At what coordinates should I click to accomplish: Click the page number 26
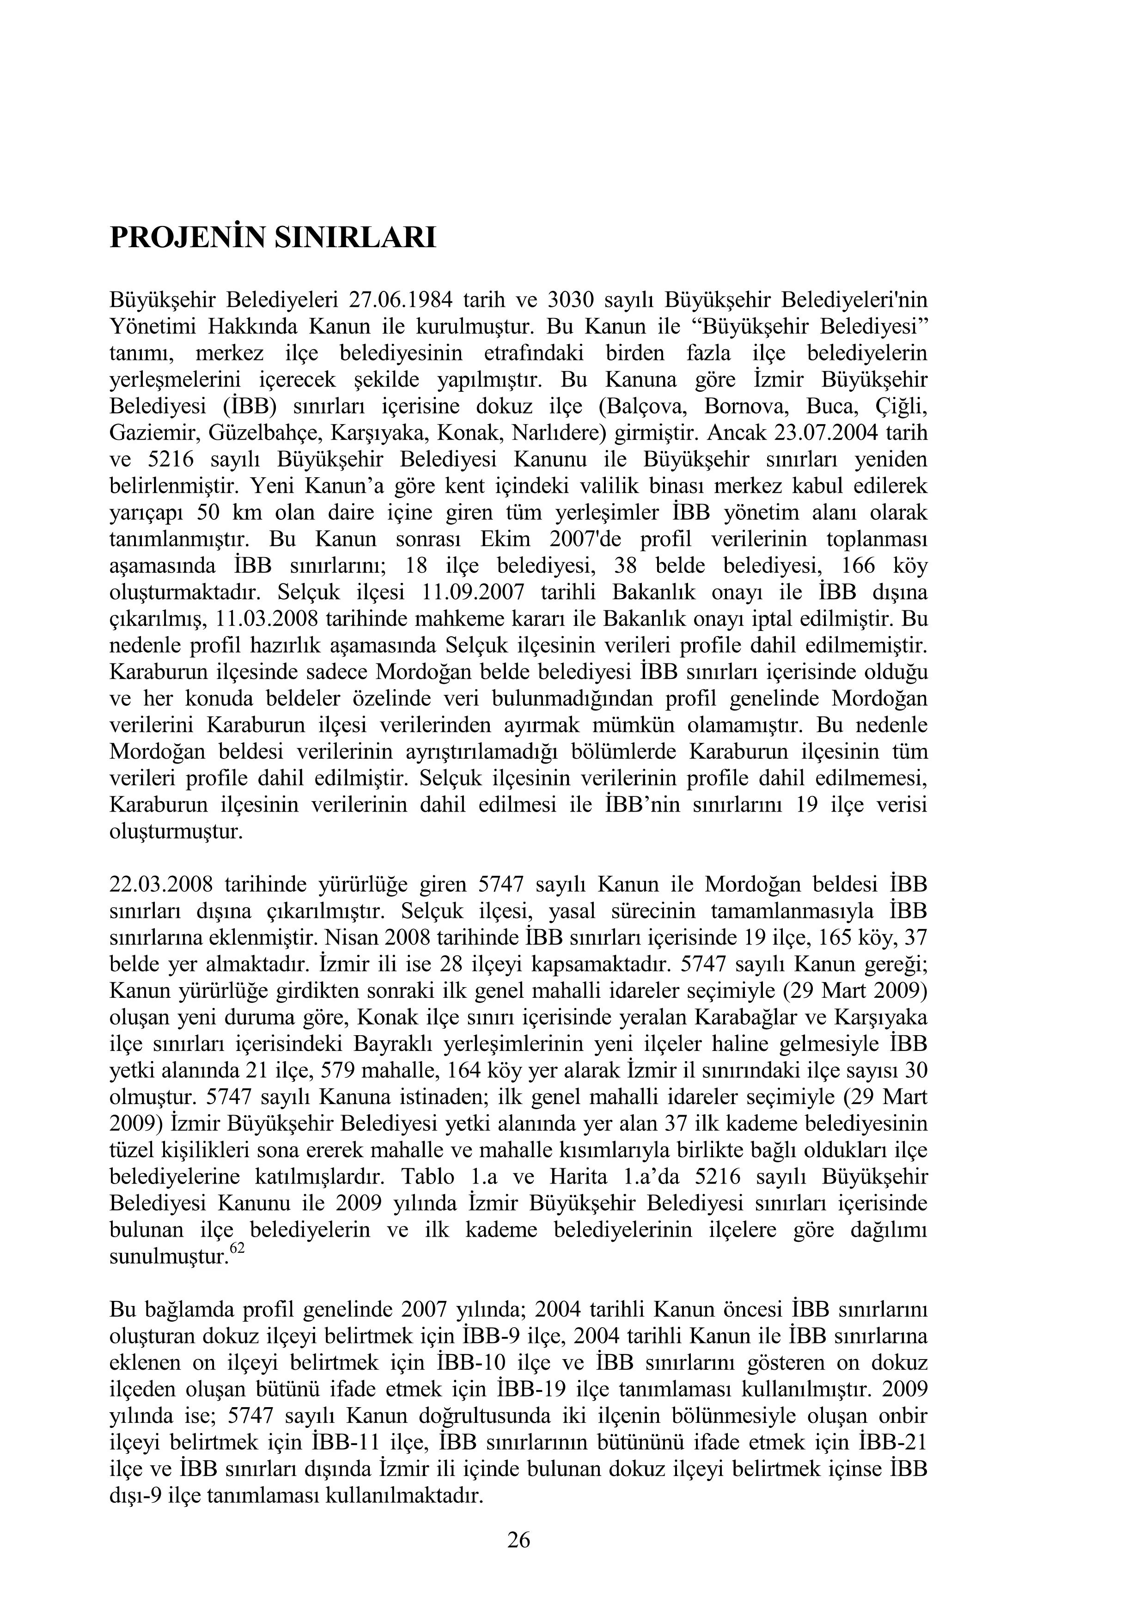[519, 1539]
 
